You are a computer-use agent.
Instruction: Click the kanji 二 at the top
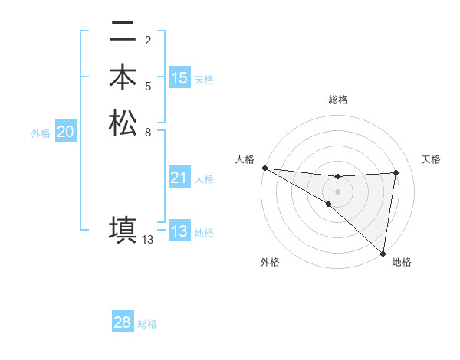(x=123, y=33)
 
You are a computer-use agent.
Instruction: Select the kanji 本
(x=123, y=78)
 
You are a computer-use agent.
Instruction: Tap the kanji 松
(x=123, y=123)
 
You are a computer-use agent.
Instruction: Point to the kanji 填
(x=123, y=229)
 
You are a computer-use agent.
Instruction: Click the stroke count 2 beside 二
(x=148, y=40)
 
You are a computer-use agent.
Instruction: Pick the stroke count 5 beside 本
(x=148, y=85)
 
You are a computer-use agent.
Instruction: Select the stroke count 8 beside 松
(x=148, y=131)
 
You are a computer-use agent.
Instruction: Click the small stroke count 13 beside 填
(x=148, y=239)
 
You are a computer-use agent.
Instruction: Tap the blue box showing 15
(x=179, y=78)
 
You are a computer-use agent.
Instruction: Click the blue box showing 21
(x=179, y=178)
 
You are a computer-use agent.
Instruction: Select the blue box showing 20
(x=65, y=132)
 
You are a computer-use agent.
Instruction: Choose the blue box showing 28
(x=123, y=322)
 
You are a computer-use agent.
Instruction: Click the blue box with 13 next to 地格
(x=179, y=231)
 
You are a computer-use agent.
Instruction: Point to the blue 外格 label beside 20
(x=41, y=133)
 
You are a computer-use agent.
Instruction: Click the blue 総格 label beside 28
(x=147, y=324)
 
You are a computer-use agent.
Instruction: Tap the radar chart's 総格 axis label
(x=337, y=100)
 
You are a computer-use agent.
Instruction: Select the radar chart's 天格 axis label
(x=432, y=159)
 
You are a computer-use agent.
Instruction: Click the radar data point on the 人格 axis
(x=264, y=168)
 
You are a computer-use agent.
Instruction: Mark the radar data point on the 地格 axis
(x=383, y=254)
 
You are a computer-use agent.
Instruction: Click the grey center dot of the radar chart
(x=337, y=191)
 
